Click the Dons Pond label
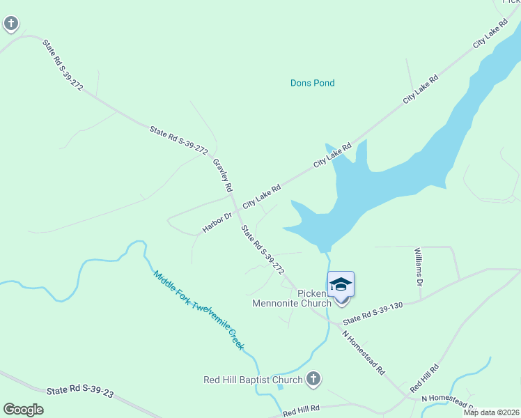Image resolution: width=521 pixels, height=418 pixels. pyautogui.click(x=312, y=83)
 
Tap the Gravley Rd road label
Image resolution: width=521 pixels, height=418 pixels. pyautogui.click(x=222, y=175)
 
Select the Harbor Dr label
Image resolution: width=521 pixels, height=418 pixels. pyautogui.click(x=217, y=222)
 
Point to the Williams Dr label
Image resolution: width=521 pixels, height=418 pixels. pyautogui.click(x=419, y=266)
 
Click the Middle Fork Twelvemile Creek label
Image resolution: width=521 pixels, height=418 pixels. pyautogui.click(x=201, y=310)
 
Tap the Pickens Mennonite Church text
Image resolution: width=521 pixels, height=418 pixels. pyautogui.click(x=301, y=298)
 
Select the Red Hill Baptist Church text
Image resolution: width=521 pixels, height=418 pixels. pyautogui.click(x=253, y=380)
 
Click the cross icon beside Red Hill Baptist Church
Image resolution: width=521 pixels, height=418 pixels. pyautogui.click(x=313, y=379)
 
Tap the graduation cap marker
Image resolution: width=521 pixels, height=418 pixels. pyautogui.click(x=341, y=285)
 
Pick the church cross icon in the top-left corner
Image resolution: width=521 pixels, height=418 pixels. pyautogui.click(x=11, y=24)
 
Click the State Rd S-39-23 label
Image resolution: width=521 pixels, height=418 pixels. pyautogui.click(x=81, y=393)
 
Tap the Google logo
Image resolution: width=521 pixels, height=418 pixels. pyautogui.click(x=23, y=410)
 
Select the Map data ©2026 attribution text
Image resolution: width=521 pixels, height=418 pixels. pyautogui.click(x=491, y=412)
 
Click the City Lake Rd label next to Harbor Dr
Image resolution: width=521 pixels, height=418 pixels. pyautogui.click(x=261, y=197)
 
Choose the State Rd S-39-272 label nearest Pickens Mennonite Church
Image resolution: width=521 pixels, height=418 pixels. pyautogui.click(x=262, y=248)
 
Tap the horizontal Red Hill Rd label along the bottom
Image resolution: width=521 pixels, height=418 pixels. pyautogui.click(x=301, y=411)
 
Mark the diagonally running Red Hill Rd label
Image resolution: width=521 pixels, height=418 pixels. pyautogui.click(x=424, y=377)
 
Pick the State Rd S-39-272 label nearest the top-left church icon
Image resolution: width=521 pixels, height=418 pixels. pyautogui.click(x=63, y=65)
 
